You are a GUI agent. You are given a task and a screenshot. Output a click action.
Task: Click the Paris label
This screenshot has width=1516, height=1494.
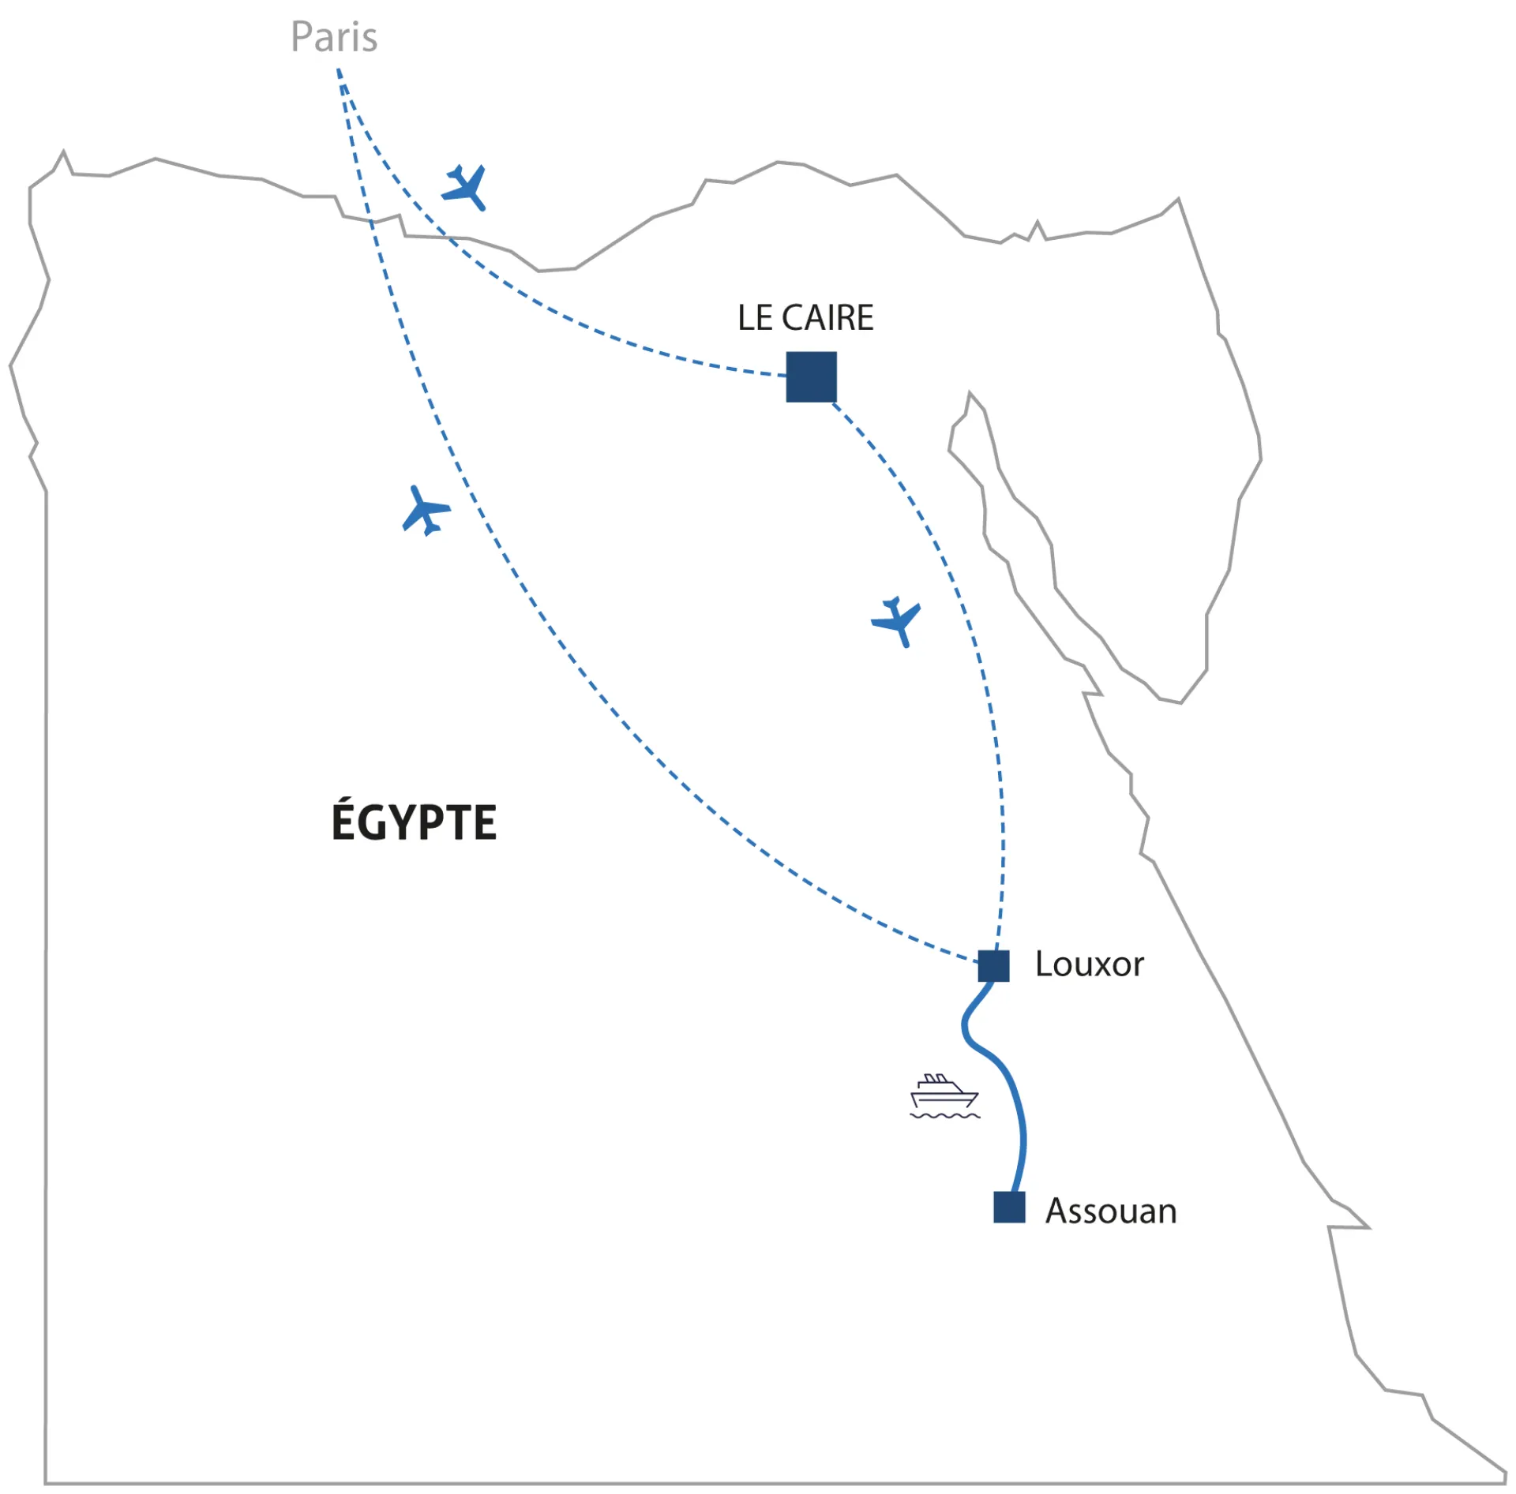pyautogui.click(x=334, y=37)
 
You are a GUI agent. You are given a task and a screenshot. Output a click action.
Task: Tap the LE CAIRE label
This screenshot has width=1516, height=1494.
pyautogui.click(x=805, y=318)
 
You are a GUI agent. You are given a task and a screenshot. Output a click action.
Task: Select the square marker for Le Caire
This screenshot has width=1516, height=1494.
pyautogui.click(x=811, y=377)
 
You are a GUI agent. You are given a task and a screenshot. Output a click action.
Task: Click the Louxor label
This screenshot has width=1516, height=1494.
pyautogui.click(x=1089, y=964)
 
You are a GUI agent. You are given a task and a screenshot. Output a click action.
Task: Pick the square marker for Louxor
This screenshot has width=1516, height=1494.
pyautogui.click(x=993, y=966)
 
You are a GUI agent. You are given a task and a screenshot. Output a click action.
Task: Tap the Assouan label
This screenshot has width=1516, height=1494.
pyautogui.click(x=1111, y=1211)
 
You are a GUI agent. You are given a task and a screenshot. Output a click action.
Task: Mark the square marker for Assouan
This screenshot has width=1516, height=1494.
pyautogui.click(x=1009, y=1208)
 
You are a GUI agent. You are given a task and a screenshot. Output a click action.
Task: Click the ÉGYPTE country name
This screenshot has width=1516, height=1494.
pyautogui.click(x=414, y=822)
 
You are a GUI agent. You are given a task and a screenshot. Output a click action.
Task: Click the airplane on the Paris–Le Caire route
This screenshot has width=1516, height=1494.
pyautogui.click(x=465, y=188)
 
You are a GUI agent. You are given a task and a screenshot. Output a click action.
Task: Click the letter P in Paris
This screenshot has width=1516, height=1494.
pyautogui.click(x=302, y=37)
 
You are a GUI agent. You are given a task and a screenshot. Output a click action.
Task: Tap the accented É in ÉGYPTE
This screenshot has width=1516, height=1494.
pyautogui.click(x=344, y=821)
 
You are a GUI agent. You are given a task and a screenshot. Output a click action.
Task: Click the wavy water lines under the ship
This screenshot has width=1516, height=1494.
pyautogui.click(x=945, y=1116)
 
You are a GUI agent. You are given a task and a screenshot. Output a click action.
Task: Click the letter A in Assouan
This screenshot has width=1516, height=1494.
pyautogui.click(x=1058, y=1211)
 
